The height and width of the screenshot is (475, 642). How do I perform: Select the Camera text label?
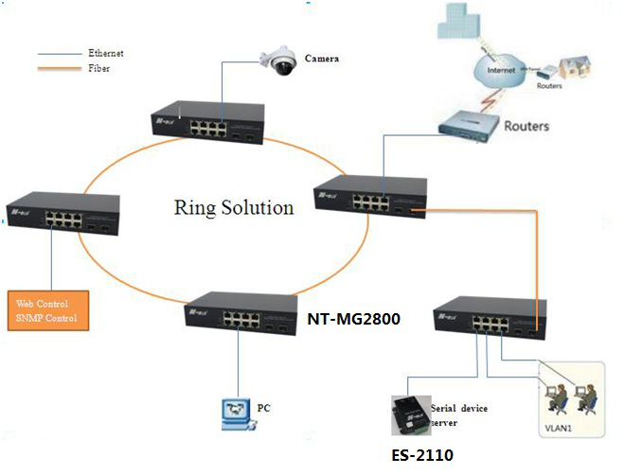322,59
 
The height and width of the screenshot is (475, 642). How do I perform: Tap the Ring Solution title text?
234,207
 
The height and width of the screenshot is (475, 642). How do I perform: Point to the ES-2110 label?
422,455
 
